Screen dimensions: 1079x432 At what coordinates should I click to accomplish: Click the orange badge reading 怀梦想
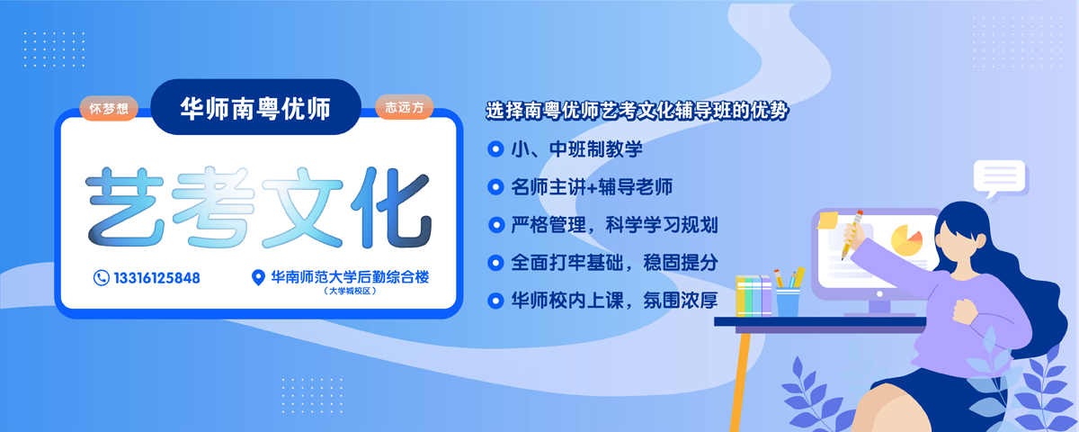point(109,108)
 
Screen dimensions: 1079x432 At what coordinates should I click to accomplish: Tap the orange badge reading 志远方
point(404,107)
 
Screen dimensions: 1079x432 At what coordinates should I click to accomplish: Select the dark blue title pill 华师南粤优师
point(255,107)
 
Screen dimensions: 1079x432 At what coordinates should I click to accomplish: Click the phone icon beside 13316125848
point(101,278)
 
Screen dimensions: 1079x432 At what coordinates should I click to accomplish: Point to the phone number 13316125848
point(157,278)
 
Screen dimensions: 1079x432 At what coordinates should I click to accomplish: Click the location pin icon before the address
point(258,277)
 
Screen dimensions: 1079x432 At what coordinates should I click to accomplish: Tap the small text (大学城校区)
point(350,292)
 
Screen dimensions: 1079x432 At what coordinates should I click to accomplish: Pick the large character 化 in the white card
point(391,207)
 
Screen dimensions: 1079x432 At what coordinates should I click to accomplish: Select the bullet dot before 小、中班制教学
point(495,149)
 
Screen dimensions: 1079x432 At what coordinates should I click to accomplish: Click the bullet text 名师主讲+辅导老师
point(592,187)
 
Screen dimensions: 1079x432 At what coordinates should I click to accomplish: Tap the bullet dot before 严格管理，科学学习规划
point(495,225)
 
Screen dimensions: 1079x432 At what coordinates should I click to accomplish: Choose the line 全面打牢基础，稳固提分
point(614,263)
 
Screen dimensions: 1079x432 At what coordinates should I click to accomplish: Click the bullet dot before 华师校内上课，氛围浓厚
point(495,301)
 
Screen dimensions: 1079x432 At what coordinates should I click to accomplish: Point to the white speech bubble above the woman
point(1001,178)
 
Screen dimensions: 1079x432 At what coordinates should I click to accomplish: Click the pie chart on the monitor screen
point(906,239)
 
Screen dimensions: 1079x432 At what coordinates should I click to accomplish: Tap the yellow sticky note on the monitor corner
point(827,220)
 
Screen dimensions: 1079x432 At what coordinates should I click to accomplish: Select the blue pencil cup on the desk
point(788,301)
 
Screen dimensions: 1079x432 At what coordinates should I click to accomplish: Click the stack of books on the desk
point(754,296)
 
